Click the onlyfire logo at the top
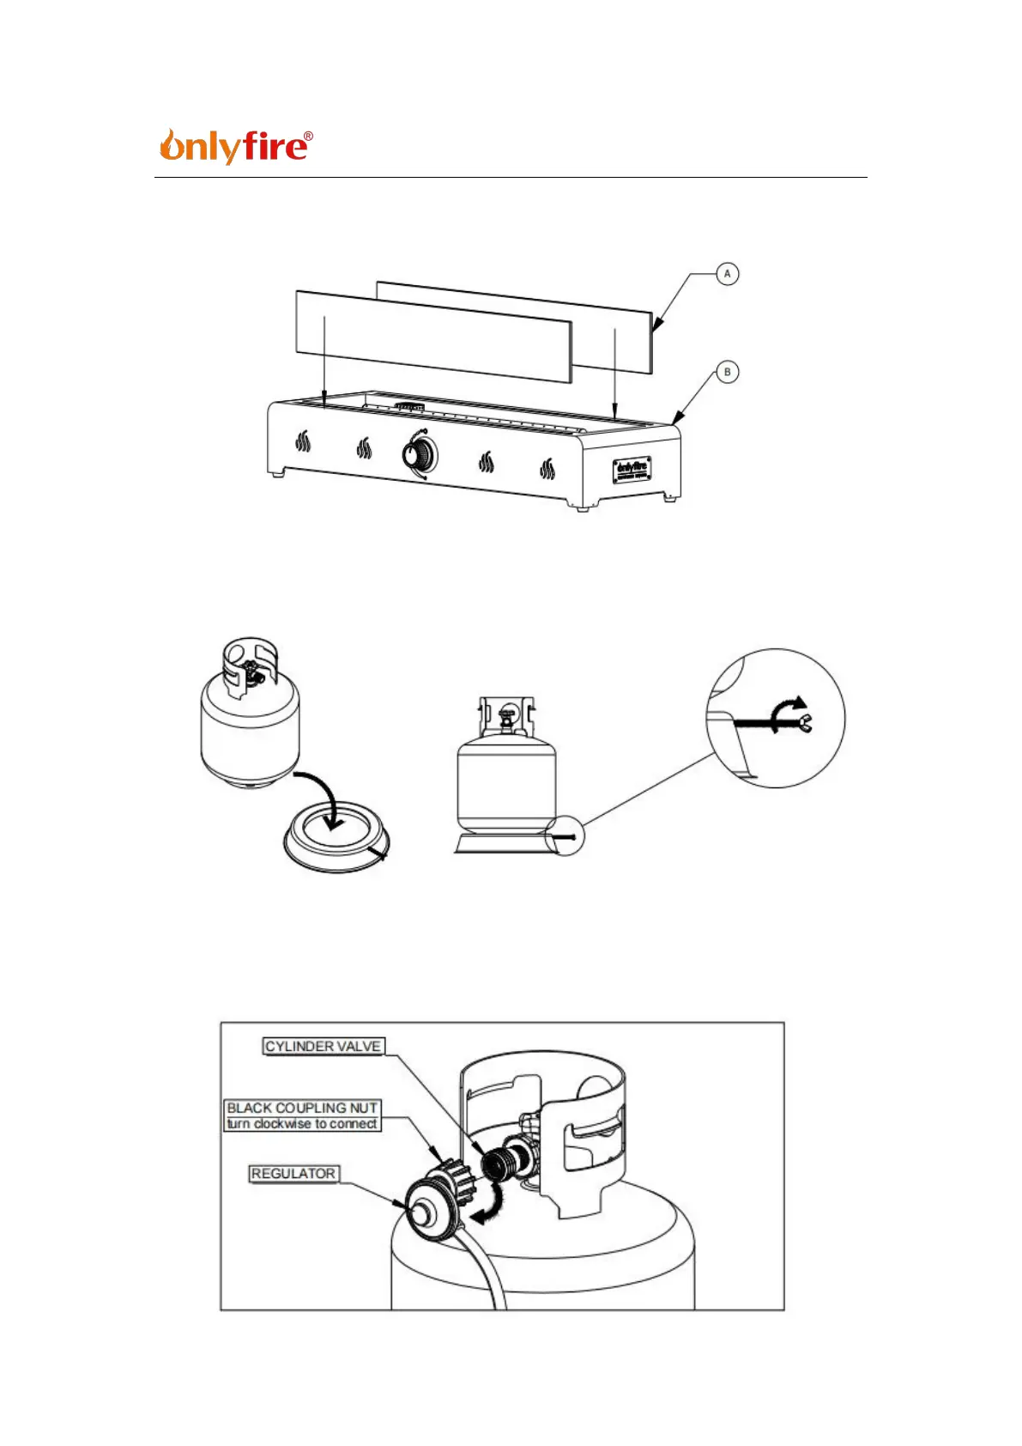(x=234, y=147)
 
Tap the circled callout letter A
(x=727, y=274)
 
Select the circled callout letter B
(x=727, y=372)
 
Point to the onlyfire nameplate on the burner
(x=631, y=470)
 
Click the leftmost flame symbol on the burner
(x=303, y=442)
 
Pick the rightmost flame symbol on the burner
(x=547, y=468)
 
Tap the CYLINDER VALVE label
(x=323, y=1046)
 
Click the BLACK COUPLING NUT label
(x=302, y=1108)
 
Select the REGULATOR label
(x=293, y=1173)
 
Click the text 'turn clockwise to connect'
(x=302, y=1123)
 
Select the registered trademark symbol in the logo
(x=308, y=137)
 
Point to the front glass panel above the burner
(x=433, y=335)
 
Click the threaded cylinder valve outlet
(x=497, y=1164)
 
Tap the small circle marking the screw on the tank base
(x=566, y=836)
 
